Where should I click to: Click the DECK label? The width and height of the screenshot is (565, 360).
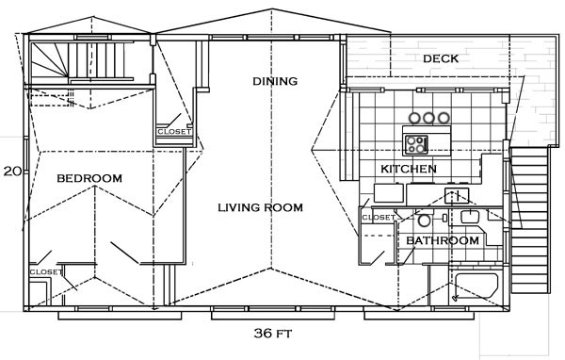pyautogui.click(x=441, y=58)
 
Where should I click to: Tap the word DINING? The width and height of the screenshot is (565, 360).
pyautogui.click(x=275, y=81)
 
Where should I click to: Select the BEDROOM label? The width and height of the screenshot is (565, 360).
pyautogui.click(x=89, y=178)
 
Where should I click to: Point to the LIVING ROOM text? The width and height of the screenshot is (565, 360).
pyautogui.click(x=260, y=207)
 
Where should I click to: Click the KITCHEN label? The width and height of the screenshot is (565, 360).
pyautogui.click(x=409, y=169)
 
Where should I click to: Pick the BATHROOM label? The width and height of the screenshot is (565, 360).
pyautogui.click(x=443, y=240)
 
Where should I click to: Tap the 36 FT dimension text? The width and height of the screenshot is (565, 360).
pyautogui.click(x=273, y=334)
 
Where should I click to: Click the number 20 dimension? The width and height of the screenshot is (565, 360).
pyautogui.click(x=12, y=172)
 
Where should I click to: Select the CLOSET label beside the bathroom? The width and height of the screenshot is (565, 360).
pyautogui.click(x=379, y=218)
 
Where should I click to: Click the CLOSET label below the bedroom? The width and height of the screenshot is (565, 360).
pyautogui.click(x=46, y=271)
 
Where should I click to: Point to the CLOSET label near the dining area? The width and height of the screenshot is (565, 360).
pyautogui.click(x=174, y=132)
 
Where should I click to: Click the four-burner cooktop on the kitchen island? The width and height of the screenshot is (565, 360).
pyautogui.click(x=416, y=144)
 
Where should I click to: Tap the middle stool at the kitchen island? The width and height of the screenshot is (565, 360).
pyautogui.click(x=428, y=118)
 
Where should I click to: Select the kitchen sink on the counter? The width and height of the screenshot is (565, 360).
pyautogui.click(x=457, y=195)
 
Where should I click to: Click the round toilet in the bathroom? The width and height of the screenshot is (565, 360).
pyautogui.click(x=424, y=220)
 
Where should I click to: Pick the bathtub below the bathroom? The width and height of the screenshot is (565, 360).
pyautogui.click(x=476, y=286)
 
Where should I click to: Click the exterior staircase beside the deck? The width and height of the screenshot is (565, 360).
pyautogui.click(x=529, y=220)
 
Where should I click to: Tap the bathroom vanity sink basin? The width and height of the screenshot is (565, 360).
pyautogui.click(x=470, y=217)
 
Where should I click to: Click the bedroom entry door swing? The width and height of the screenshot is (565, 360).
pyautogui.click(x=124, y=253)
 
